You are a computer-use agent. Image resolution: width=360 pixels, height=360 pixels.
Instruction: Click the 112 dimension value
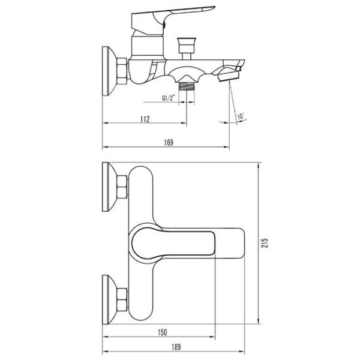145,119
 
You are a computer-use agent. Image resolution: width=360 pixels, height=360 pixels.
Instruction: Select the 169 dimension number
169,143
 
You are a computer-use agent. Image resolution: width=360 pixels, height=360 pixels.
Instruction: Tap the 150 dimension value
163,332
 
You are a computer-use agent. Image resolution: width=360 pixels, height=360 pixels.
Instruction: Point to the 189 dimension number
176,347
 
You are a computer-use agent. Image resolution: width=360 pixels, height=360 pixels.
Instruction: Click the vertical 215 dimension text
265,243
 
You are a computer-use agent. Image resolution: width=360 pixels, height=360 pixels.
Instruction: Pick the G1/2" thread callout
169,98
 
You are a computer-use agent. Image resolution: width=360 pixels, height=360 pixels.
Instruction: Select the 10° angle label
241,116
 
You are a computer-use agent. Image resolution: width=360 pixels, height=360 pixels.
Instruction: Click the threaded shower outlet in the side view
187,86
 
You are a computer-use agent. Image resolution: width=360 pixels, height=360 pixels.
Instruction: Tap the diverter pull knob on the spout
187,49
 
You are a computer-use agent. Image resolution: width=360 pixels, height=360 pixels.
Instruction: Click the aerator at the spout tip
229,76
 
